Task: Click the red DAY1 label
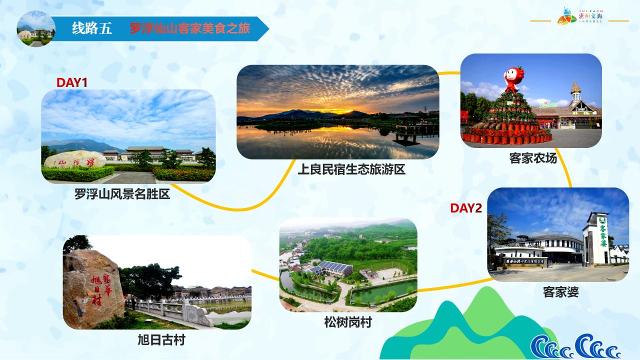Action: (x=72, y=82)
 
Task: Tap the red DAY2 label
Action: (x=466, y=208)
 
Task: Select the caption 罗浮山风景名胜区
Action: (x=122, y=193)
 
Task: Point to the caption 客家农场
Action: (x=533, y=158)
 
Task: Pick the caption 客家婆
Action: (x=560, y=292)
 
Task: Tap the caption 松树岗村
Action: (x=347, y=322)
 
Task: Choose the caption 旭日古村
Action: (x=161, y=340)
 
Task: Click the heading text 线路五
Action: (x=92, y=28)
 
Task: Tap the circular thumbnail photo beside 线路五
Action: (x=35, y=28)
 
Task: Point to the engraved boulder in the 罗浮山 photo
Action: (x=75, y=160)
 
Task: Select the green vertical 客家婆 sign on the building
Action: (x=602, y=235)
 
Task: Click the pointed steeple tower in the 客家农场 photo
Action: (x=575, y=92)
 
